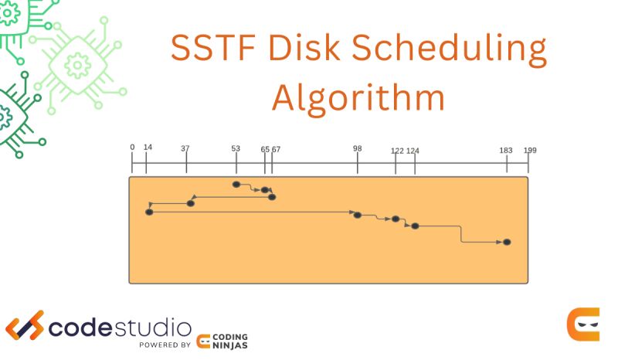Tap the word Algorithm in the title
358,99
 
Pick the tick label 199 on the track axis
530,150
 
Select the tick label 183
506,150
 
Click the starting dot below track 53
236,185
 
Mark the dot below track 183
507,242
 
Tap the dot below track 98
357,215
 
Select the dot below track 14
149,212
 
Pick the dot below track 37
191,203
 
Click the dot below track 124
415,226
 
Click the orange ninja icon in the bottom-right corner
582,324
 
